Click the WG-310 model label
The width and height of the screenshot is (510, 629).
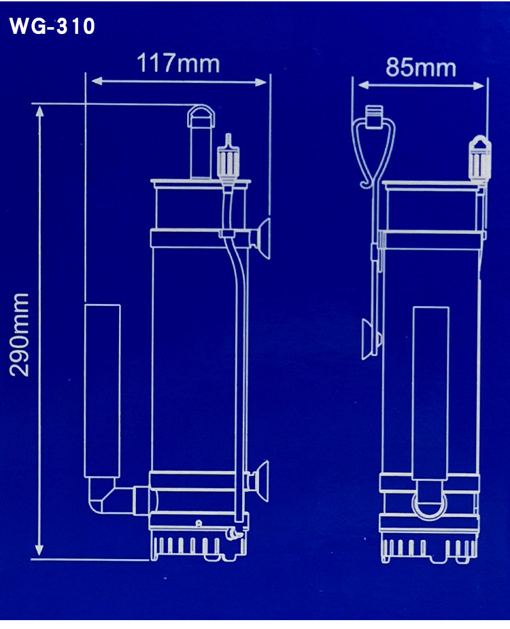click(x=52, y=27)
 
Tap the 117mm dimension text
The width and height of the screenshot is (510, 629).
click(x=178, y=64)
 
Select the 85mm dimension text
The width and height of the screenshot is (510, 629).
click(x=421, y=68)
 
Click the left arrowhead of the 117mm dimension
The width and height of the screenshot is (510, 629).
click(x=96, y=82)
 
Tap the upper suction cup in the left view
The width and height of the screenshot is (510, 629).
click(x=262, y=239)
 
